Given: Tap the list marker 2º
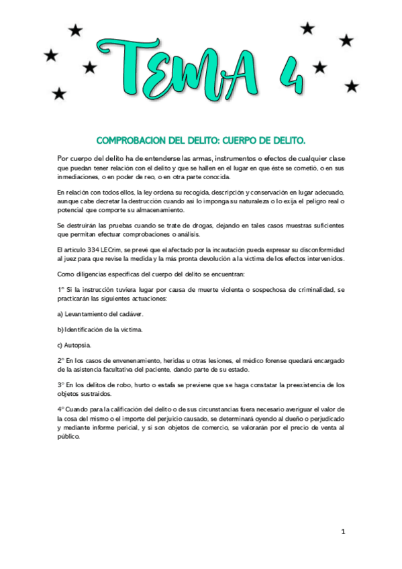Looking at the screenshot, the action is [61, 361].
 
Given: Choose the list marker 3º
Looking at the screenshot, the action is [61, 385].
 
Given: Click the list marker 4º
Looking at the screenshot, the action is [61, 409].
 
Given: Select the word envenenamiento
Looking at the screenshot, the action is [125, 361].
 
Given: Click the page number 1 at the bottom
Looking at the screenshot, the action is [343, 532].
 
